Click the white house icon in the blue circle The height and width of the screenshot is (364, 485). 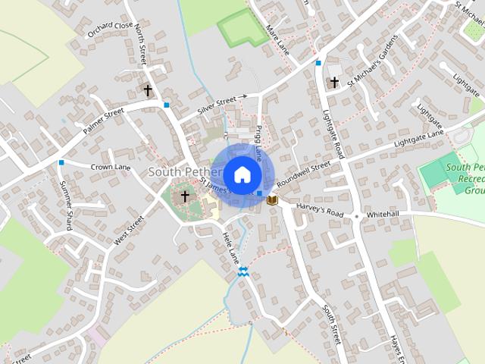coord(242,174)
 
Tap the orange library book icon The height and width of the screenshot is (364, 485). coord(272,200)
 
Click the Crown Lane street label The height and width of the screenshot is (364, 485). coord(111,166)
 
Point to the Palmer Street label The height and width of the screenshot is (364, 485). coord(103,121)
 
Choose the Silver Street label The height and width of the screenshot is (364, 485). coord(217,105)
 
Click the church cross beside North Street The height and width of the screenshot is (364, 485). coord(149,90)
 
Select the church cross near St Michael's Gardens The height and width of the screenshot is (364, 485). coord(334,81)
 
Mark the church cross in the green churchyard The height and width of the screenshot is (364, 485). coord(185,196)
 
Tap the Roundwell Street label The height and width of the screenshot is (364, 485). coord(304,174)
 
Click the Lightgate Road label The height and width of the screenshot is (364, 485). coord(334,132)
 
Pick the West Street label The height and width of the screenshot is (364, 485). coord(129,231)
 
